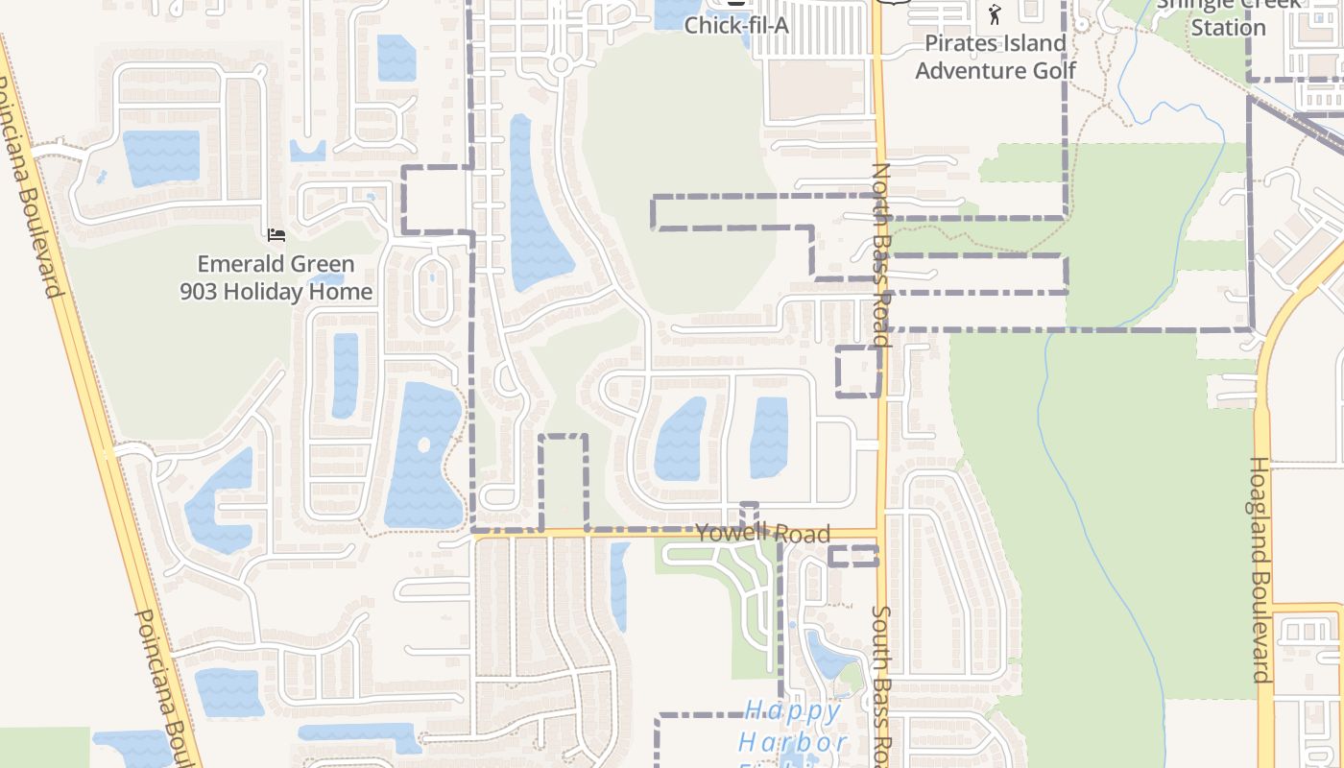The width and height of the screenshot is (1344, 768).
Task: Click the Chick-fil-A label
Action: pos(736,26)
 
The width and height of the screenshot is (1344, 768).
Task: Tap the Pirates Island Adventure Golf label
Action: pos(996,57)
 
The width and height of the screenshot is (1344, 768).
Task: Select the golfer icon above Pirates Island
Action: pos(995,14)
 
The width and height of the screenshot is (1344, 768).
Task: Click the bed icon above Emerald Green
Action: pos(276,235)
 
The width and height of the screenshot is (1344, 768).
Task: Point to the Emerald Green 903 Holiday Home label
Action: pos(276,277)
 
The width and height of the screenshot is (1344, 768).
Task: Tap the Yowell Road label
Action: pos(762,533)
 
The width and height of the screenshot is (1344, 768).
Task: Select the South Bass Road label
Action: pos(883,682)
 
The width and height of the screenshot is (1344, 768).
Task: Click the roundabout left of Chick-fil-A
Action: pos(561,64)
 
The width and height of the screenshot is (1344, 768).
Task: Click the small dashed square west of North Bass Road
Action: pos(857,372)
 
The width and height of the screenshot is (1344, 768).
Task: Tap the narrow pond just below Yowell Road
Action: pos(619,586)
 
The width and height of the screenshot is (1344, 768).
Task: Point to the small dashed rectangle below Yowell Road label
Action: pos(852,556)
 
